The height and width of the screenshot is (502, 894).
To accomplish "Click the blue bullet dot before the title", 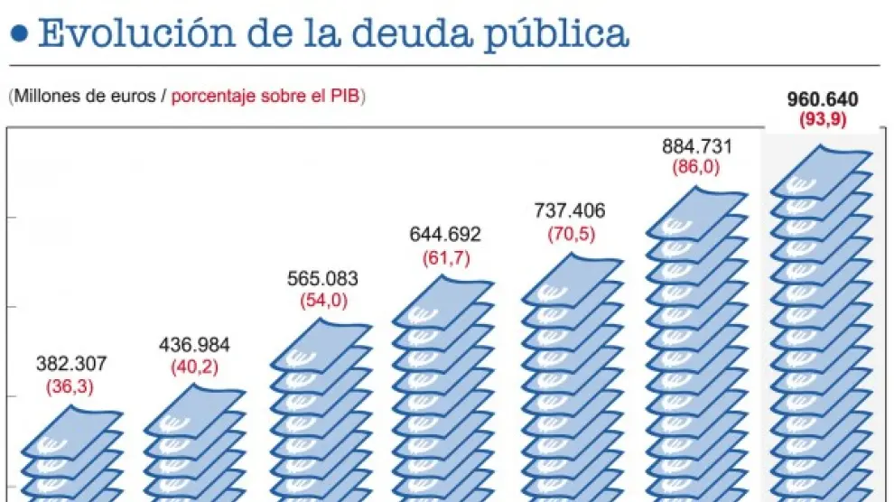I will tap(21, 34).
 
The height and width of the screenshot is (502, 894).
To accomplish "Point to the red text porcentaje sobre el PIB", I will tap(266, 96).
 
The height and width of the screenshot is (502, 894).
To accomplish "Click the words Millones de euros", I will tap(87, 96).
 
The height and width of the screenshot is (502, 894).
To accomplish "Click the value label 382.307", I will tap(71, 365).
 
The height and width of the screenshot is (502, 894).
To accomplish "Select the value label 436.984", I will tap(194, 345).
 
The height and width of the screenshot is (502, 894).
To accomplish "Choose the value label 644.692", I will tap(445, 235).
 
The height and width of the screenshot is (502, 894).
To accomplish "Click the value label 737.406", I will tap(569, 211).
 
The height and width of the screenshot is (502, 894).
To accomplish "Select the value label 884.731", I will tap(696, 146).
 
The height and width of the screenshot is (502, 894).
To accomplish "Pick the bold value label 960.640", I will tap(823, 99).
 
